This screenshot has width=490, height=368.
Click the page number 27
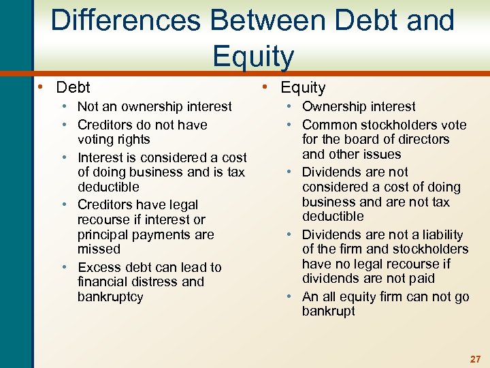point(475,359)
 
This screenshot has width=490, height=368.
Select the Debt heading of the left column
point(73,87)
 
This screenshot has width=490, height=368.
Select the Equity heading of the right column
point(303,87)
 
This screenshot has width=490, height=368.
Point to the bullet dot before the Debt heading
point(42,87)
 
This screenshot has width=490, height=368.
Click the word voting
point(96,139)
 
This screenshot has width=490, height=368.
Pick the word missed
point(99,249)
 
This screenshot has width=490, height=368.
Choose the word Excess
point(99,267)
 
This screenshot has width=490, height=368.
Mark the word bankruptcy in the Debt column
point(110,296)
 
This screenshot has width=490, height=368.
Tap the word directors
point(423,139)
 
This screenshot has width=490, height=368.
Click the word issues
point(382,154)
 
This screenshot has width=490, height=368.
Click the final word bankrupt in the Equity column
point(329,311)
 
